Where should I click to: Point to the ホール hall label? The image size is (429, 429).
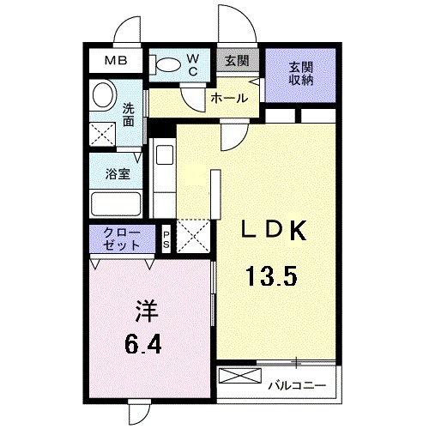coord(229,99)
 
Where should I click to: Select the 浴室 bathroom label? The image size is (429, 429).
coord(117,172)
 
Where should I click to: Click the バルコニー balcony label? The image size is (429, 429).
coord(296,384)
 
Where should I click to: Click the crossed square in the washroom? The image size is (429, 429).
coord(104,133)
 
